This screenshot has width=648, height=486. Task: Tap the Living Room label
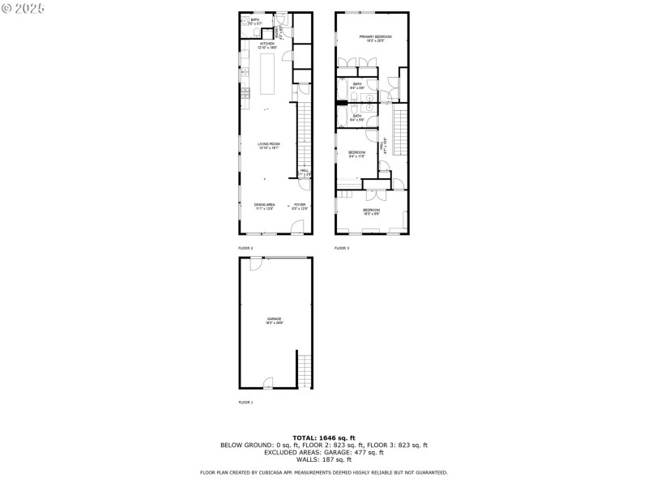point(268,145)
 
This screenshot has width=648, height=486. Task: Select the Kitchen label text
point(267,46)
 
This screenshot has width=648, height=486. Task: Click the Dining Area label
point(265,206)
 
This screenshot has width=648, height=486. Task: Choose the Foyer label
point(300,206)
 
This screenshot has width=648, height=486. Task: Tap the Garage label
point(275,320)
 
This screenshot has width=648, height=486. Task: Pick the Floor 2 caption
point(245,248)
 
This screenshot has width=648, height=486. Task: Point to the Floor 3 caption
point(342,248)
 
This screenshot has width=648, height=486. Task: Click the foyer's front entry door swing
point(297,226)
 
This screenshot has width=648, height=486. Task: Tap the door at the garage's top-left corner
point(256,263)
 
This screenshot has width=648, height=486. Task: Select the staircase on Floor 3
point(399,130)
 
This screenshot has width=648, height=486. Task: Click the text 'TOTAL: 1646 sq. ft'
point(323,438)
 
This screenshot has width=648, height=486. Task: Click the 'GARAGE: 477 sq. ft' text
point(369,452)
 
